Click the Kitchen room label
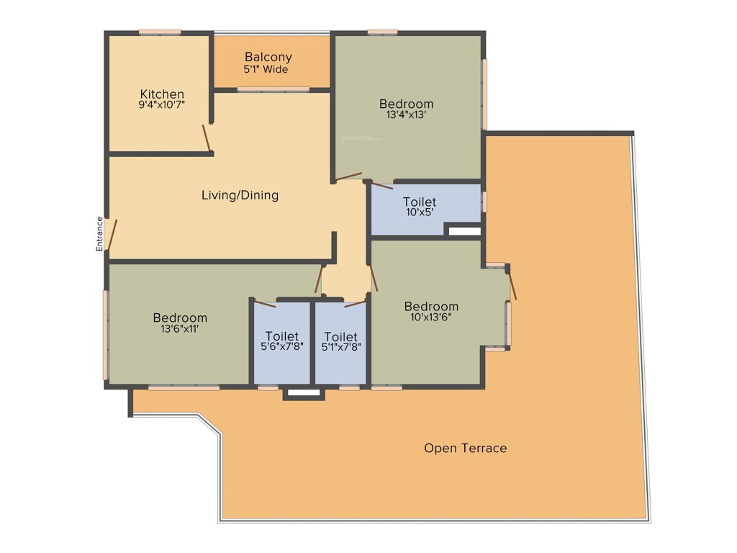[x=162, y=94]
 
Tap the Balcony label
[x=268, y=57]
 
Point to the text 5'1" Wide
[x=268, y=70]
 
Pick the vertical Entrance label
[x=99, y=234]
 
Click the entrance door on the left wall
[x=109, y=235]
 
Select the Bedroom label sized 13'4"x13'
[x=407, y=104]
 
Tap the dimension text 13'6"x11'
[x=179, y=329]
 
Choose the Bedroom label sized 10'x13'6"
[x=431, y=306]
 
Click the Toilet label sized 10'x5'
[x=419, y=202]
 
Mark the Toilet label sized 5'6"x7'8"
[x=281, y=336]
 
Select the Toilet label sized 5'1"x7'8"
[x=340, y=336]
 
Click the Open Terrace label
[x=465, y=448]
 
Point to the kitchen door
[x=207, y=139]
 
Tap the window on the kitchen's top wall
[x=160, y=32]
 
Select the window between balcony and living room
[x=273, y=89]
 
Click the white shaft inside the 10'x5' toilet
[x=464, y=231]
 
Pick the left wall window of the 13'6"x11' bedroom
[x=106, y=334]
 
